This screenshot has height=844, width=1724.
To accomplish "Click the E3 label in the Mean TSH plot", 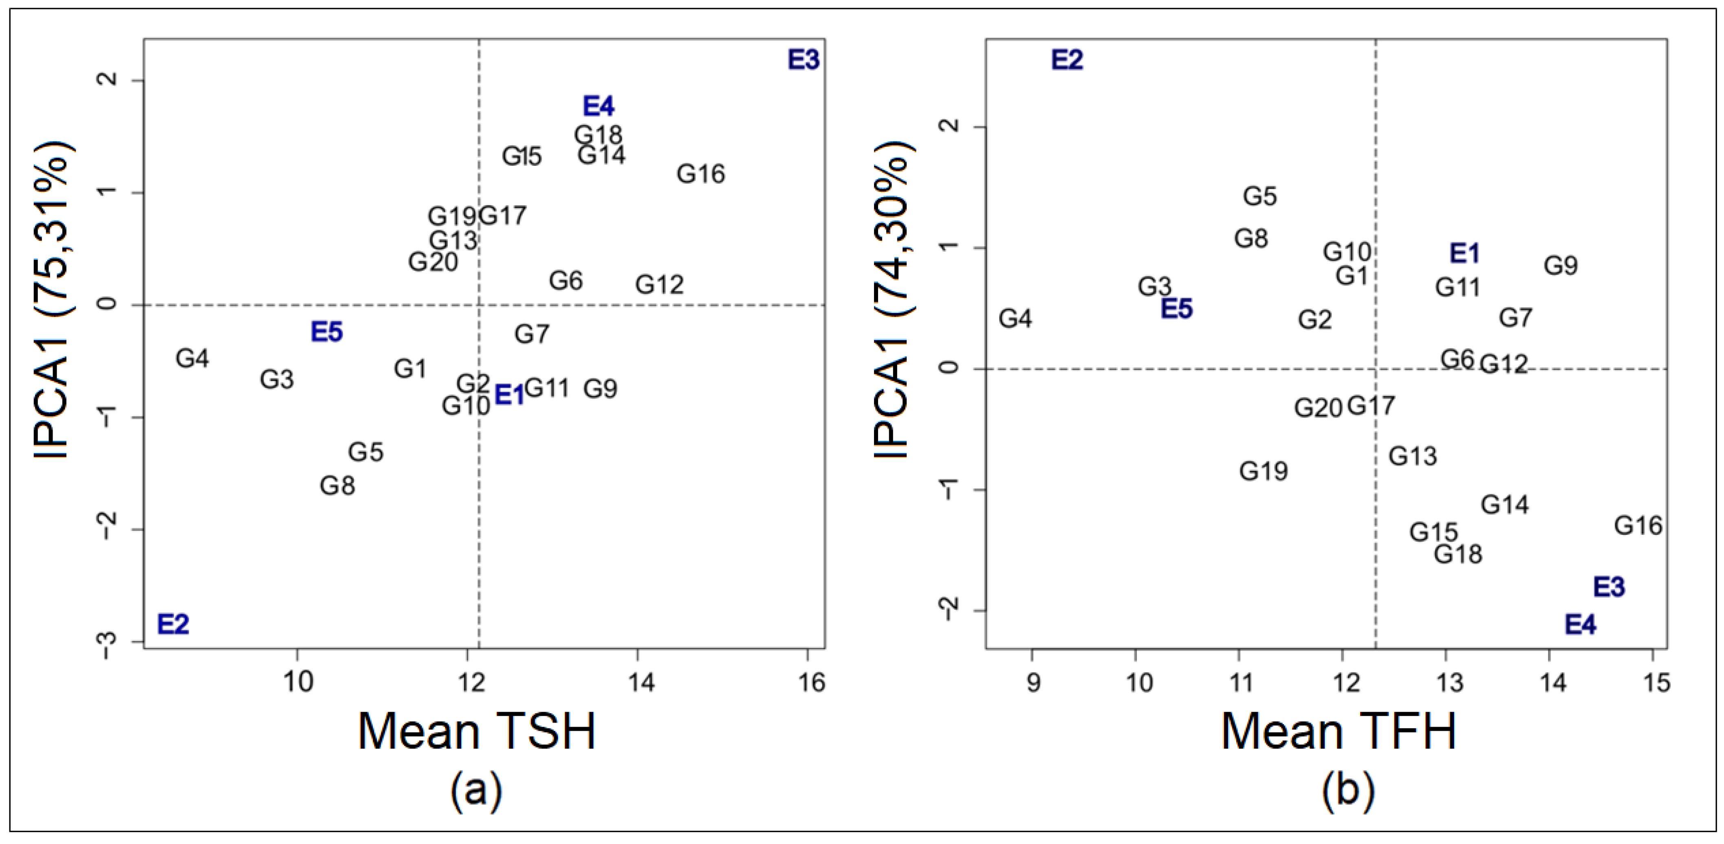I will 803,60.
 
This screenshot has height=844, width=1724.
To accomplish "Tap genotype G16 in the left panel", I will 701,174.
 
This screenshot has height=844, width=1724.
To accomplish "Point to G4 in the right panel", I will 1015,319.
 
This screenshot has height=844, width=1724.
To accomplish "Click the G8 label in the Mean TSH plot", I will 337,486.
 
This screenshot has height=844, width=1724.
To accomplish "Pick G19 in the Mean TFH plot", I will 1264,471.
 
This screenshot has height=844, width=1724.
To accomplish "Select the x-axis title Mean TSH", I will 476,732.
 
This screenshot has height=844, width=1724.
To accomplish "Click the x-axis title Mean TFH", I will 1339,732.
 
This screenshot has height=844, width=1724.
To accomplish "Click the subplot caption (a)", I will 476,791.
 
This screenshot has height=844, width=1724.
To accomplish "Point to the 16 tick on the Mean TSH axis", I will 812,683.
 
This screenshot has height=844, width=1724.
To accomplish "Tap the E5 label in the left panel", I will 327,332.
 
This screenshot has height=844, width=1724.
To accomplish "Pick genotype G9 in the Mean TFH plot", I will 1561,266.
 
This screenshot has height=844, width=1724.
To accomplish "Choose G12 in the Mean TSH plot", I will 659,285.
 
